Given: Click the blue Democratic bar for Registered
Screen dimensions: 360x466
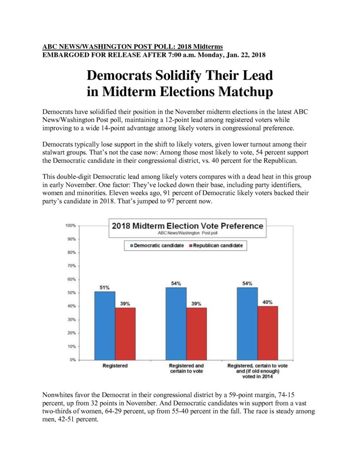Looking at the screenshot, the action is [105, 326].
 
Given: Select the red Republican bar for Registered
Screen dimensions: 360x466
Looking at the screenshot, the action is [125, 334].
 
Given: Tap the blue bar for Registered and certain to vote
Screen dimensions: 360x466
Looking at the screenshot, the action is [176, 324].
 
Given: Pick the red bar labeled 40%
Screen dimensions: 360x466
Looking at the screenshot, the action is [268, 333].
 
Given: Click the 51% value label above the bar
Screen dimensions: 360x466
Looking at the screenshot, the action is [104, 288].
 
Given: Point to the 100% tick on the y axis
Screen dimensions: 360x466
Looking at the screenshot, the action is [71, 226].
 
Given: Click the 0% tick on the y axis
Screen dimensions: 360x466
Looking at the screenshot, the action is [73, 360].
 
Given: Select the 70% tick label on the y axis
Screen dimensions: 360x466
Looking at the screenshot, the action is [71, 266].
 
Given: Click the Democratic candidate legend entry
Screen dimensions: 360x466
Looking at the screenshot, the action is [157, 245].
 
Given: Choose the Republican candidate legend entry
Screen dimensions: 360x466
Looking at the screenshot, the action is [216, 245].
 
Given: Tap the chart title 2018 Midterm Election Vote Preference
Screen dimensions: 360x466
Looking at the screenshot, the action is [188, 226].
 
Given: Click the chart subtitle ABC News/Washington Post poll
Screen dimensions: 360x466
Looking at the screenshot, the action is [188, 233].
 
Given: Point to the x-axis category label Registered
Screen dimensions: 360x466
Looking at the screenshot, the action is [115, 366].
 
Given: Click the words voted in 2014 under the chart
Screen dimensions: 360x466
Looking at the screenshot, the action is [258, 376].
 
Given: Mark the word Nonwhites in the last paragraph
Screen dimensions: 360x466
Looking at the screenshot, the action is [56, 395].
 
